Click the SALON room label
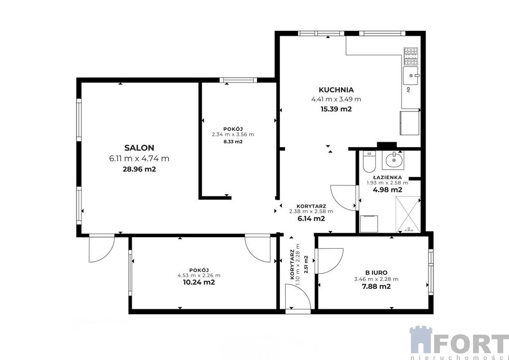pyautogui.click(x=139, y=148)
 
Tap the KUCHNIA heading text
pyautogui.click(x=336, y=90)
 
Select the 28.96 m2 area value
pyautogui.click(x=139, y=169)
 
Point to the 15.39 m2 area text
pyautogui.click(x=336, y=109)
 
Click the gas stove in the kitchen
pyautogui.click(x=411, y=56)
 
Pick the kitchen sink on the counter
pyautogui.click(x=411, y=76)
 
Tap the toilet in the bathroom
pyautogui.click(x=369, y=161)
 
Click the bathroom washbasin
pyautogui.click(x=394, y=160)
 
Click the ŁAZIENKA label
pyautogui.click(x=387, y=178)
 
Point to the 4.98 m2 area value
pyautogui.click(x=387, y=190)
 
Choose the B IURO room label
pyautogui.click(x=376, y=273)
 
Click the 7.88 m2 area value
pyautogui.click(x=376, y=286)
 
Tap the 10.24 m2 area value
pyautogui.click(x=199, y=282)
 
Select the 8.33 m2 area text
pyautogui.click(x=233, y=142)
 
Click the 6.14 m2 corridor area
pyautogui.click(x=311, y=219)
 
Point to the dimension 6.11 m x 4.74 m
pyautogui.click(x=139, y=159)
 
